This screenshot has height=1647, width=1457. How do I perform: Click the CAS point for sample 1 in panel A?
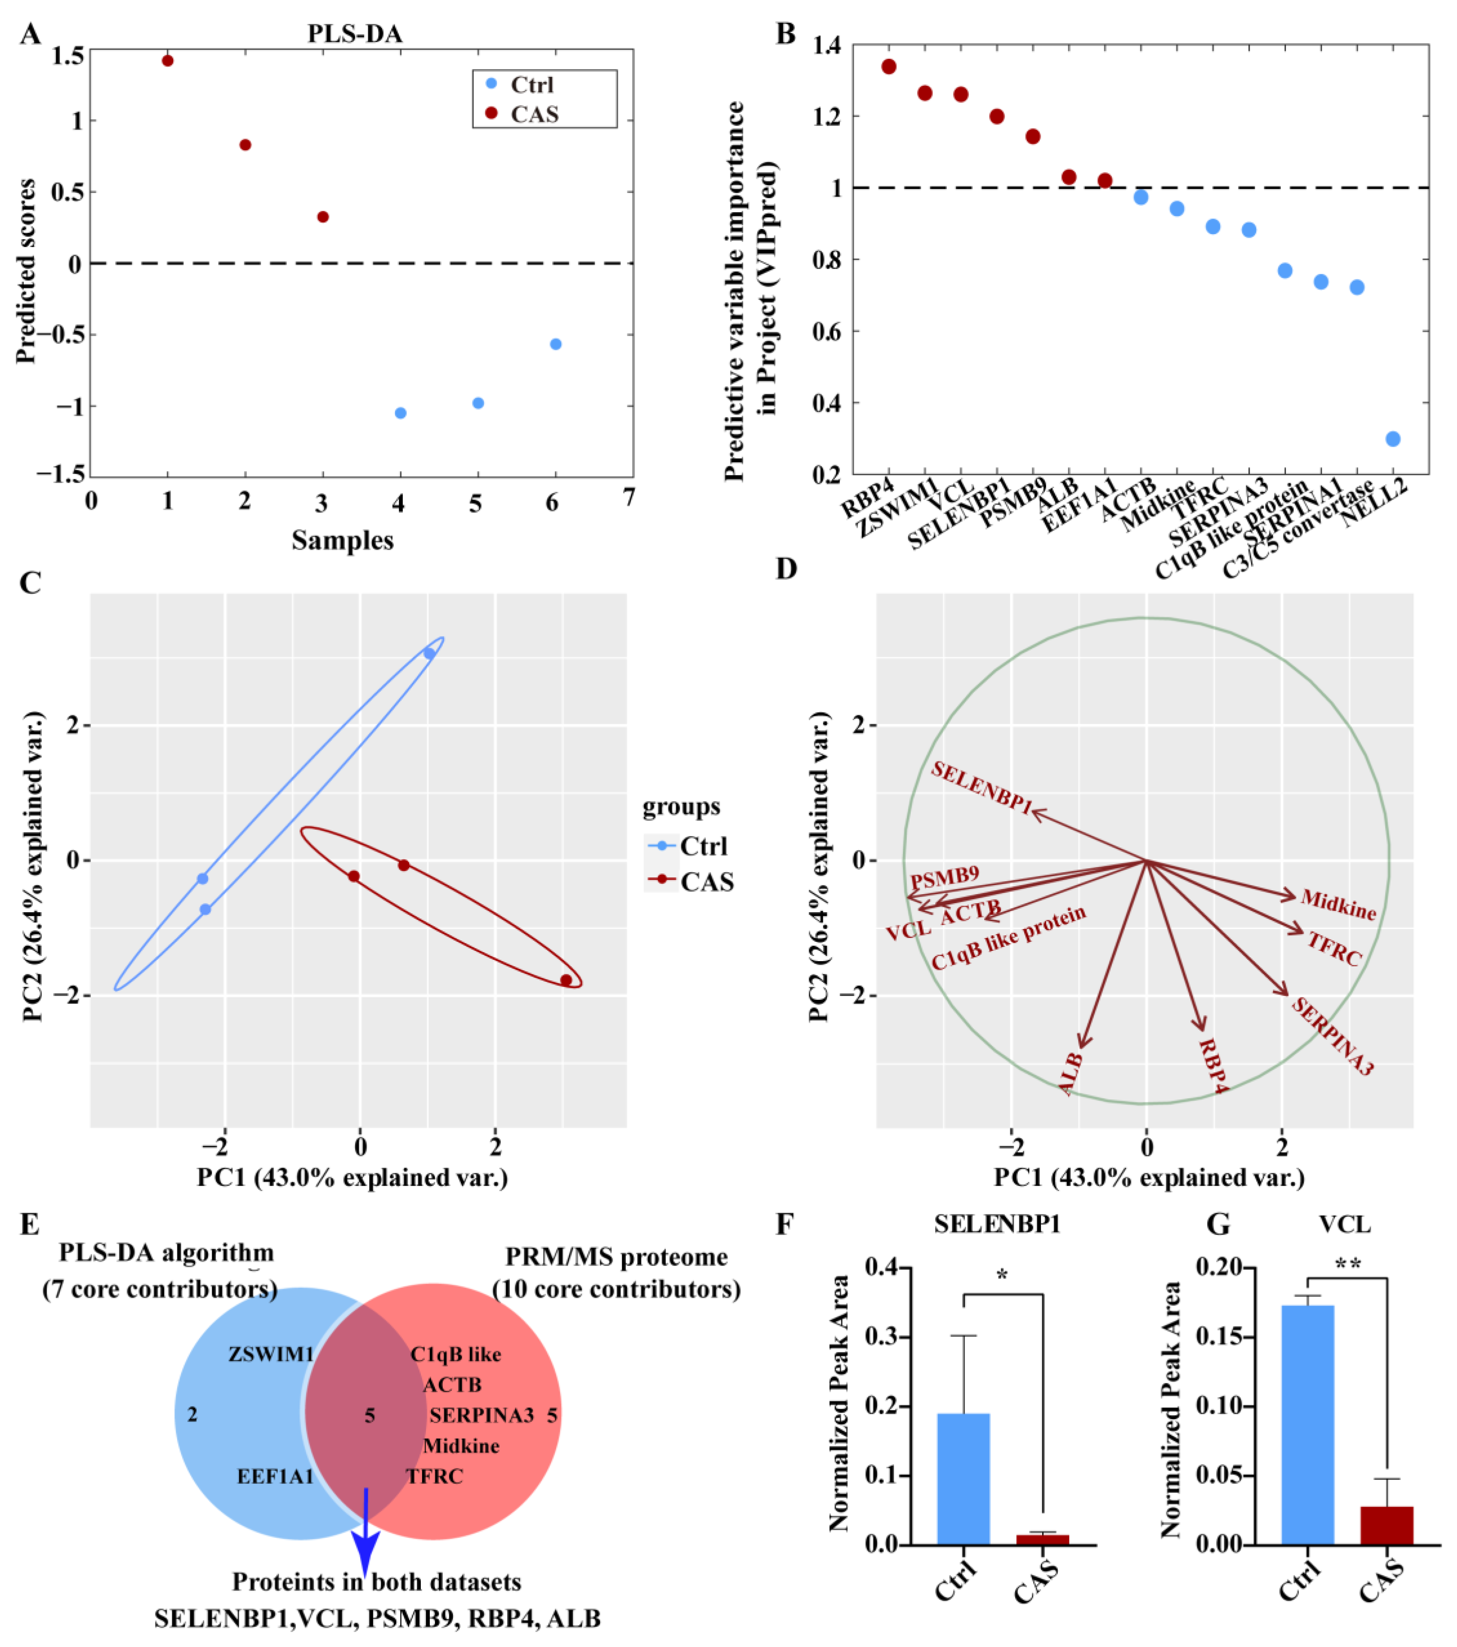[167, 61]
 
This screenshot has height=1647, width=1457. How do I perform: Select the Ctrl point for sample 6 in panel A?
[555, 344]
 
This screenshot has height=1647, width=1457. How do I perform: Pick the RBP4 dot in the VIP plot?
[889, 66]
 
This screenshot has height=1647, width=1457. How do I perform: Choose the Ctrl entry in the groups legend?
[703, 846]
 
